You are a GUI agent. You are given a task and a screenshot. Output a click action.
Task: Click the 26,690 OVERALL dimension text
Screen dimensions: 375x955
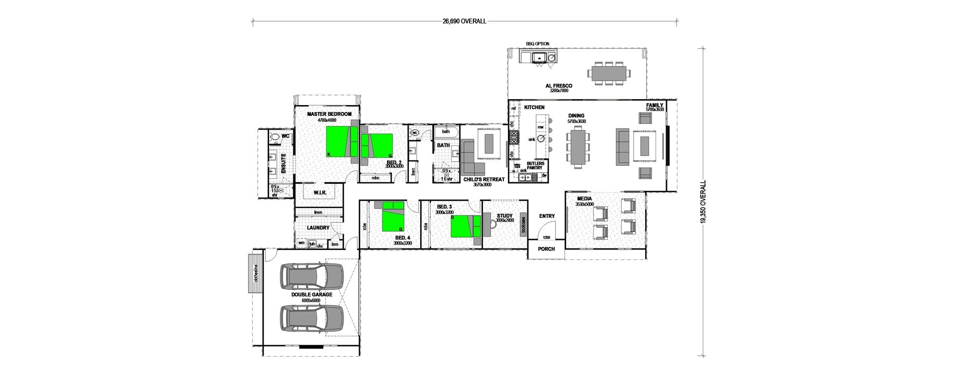pyautogui.click(x=464, y=21)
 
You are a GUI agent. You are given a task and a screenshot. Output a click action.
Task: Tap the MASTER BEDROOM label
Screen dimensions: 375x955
pyautogui.click(x=326, y=114)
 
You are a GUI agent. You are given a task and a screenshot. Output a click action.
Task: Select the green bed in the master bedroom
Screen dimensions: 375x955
pyautogui.click(x=339, y=141)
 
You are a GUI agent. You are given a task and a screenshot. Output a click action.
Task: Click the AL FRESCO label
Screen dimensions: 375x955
pyautogui.click(x=559, y=86)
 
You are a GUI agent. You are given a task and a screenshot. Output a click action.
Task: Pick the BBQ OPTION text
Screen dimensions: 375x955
pyautogui.click(x=537, y=44)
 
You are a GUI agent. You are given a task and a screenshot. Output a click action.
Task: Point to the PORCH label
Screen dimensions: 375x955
pyautogui.click(x=546, y=249)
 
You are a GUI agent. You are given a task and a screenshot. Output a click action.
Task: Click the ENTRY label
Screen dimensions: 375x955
pyautogui.click(x=547, y=216)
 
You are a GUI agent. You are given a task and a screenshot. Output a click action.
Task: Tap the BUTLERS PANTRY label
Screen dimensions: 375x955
pyautogui.click(x=535, y=165)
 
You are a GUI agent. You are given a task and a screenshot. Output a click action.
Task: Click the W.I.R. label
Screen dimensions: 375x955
pyautogui.click(x=320, y=192)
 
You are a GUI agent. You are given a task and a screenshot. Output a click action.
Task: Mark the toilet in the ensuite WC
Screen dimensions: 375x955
pyautogui.click(x=275, y=136)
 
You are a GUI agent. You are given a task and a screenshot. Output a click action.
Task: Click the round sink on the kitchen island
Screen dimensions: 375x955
pyautogui.click(x=541, y=139)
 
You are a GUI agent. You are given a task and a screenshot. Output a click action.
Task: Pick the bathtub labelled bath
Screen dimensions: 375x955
pyautogui.click(x=446, y=132)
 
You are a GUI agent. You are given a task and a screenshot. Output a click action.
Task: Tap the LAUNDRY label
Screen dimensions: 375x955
pyautogui.click(x=318, y=228)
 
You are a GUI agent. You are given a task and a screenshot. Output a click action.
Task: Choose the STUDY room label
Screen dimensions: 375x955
pyautogui.click(x=504, y=216)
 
